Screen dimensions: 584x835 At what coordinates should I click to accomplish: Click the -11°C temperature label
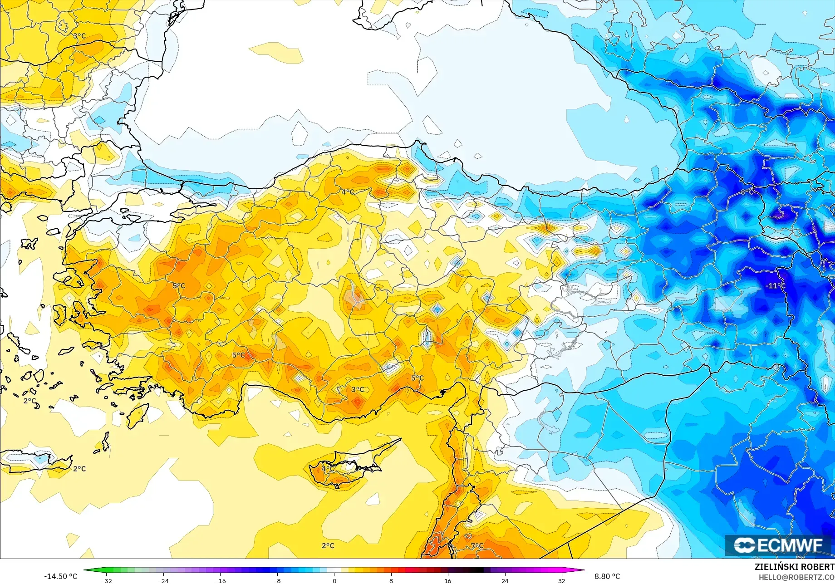click(x=775, y=286)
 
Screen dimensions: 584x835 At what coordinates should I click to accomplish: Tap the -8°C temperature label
click(x=747, y=192)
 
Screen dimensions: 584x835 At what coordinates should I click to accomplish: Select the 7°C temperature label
click(x=477, y=546)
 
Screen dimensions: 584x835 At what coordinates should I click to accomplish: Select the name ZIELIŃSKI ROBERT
click(x=794, y=567)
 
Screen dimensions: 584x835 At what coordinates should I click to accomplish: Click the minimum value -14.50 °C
click(x=60, y=576)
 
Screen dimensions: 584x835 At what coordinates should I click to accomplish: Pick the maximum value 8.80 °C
click(x=607, y=576)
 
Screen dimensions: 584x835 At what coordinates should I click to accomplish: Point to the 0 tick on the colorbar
click(x=334, y=581)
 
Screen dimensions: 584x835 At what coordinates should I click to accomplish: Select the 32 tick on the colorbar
click(x=562, y=581)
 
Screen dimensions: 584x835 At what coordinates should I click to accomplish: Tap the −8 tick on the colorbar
click(x=277, y=581)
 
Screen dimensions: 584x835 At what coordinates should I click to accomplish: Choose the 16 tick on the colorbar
click(x=448, y=581)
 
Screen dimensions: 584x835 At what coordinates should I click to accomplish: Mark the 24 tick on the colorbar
click(x=505, y=581)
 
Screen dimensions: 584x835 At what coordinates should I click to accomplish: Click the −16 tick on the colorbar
click(x=220, y=581)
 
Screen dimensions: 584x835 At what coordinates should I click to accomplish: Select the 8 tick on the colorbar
click(x=391, y=581)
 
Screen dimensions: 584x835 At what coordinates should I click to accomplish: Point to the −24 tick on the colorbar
click(x=163, y=581)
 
